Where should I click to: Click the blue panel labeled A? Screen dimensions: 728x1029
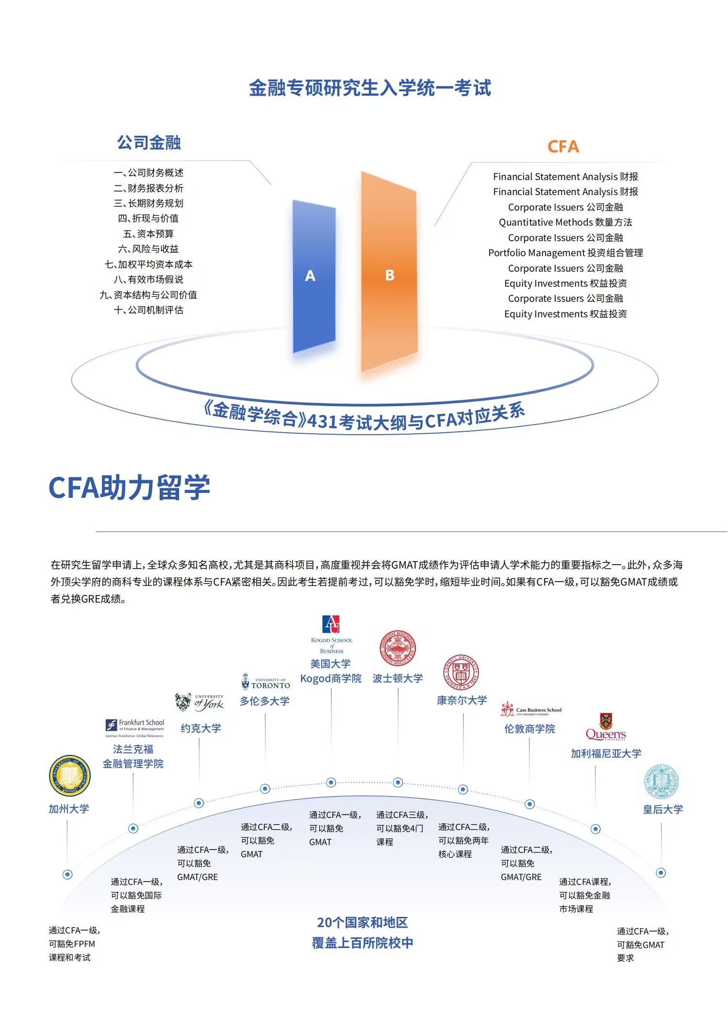point(314,276)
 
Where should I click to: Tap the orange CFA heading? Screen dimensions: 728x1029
point(563,147)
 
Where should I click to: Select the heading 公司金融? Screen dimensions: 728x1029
point(149,143)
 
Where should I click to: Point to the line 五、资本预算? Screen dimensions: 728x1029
point(149,234)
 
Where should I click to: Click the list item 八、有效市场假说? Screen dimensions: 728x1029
point(149,279)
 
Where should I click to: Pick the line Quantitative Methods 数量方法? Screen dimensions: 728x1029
point(565,222)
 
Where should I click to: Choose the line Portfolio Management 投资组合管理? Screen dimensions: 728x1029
point(565,253)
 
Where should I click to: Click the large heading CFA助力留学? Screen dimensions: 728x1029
point(129,488)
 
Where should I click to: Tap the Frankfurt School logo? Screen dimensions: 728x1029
point(135,728)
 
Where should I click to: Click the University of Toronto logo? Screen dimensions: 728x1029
point(265,682)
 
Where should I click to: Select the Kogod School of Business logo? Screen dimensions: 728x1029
point(331,635)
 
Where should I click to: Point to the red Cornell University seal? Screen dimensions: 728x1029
point(461,672)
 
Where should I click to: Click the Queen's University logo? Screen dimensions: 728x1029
point(606,727)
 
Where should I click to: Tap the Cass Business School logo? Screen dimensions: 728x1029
point(531,709)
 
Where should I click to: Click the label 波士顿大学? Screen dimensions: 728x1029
point(397,678)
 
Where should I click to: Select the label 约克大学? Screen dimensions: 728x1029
point(201,728)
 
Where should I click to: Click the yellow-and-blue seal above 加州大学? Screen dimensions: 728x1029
point(70,775)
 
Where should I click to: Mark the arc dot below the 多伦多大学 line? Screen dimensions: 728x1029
point(265,788)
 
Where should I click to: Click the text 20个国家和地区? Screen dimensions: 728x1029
point(363,922)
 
